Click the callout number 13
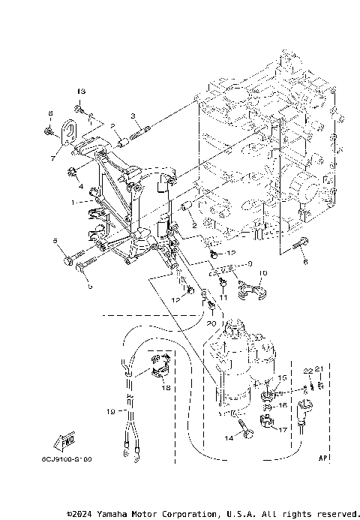click(81, 92)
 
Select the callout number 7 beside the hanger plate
click(52, 158)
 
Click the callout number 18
click(166, 389)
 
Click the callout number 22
click(307, 371)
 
